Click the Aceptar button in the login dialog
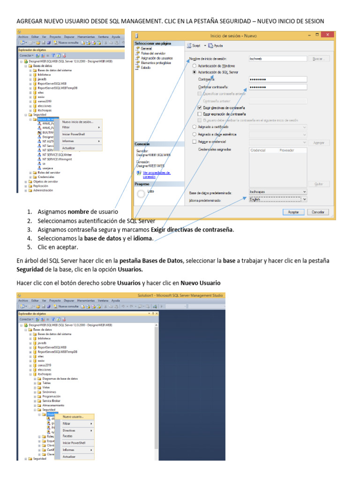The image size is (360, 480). point(293,212)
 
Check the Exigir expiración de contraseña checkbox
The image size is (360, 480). point(200,114)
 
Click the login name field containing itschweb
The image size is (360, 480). point(277,59)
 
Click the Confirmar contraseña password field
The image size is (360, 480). point(277,87)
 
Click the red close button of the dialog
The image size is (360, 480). point(329,35)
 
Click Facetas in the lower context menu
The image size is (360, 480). point(68,436)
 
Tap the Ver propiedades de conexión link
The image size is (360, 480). point(153,174)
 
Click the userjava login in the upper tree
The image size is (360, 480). point(48,168)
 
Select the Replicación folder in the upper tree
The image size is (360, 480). point(40,186)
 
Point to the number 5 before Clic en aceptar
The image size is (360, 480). point(29,247)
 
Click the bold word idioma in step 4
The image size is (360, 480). point(143,238)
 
